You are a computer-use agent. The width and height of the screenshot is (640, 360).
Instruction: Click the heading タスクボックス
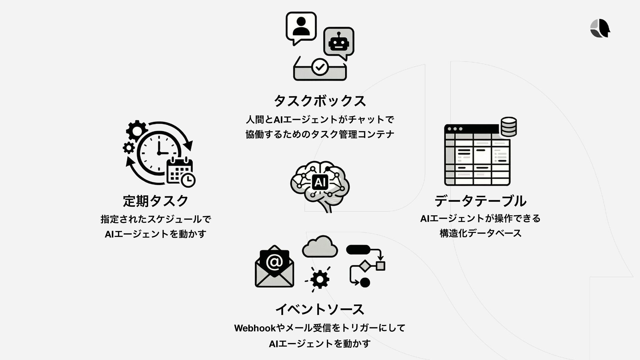[x=320, y=101]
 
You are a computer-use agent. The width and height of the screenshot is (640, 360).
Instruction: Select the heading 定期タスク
[x=156, y=201]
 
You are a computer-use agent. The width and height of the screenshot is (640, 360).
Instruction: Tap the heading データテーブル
[x=480, y=201]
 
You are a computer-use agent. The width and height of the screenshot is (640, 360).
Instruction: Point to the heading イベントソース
[x=320, y=309]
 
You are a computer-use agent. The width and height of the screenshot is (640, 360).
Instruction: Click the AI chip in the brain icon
[x=320, y=182]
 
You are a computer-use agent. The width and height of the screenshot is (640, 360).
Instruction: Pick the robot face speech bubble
[x=339, y=42]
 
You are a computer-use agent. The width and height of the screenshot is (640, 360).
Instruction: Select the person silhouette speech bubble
[x=301, y=27]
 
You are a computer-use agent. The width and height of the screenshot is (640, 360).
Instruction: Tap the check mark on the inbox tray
[x=320, y=67]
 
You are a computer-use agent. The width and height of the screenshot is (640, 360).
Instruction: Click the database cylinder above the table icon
[x=509, y=127]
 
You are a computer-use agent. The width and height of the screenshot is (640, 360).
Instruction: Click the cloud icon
[x=320, y=247]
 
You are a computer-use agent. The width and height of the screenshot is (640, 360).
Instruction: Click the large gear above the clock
[x=137, y=131]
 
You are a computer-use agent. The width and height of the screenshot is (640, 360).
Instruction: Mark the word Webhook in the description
[x=255, y=328]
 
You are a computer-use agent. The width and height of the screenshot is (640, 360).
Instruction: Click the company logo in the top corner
[x=600, y=28]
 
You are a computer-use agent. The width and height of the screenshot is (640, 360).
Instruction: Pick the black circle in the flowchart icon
[x=365, y=282]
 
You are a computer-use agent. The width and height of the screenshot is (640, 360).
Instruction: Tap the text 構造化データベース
[x=480, y=233]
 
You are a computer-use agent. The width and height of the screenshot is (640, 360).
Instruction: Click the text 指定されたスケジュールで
[x=156, y=219]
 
